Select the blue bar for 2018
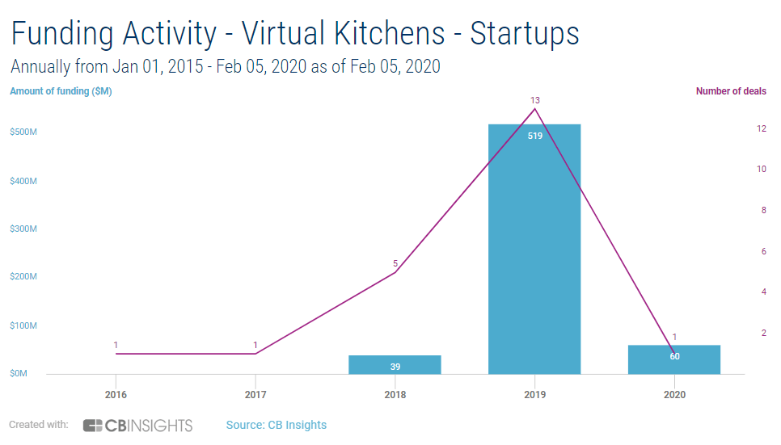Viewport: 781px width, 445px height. click(x=395, y=364)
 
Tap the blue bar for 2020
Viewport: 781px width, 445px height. click(x=674, y=359)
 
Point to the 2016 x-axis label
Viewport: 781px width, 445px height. click(x=116, y=395)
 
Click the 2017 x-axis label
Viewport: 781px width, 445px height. click(x=255, y=395)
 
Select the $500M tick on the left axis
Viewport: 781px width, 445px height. click(x=23, y=132)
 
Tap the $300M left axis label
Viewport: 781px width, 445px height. click(x=23, y=229)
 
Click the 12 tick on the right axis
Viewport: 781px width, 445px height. click(x=762, y=128)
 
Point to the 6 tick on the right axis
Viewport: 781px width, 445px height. click(x=764, y=251)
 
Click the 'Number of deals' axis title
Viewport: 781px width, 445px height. click(x=731, y=91)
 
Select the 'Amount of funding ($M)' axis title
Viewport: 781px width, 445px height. click(x=61, y=91)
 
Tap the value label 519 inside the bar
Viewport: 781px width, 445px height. click(x=534, y=136)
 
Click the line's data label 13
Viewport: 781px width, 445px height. click(x=534, y=100)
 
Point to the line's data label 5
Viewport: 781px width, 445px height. click(x=395, y=263)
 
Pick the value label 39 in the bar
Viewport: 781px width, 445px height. click(x=395, y=367)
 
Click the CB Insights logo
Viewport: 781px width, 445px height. click(x=137, y=425)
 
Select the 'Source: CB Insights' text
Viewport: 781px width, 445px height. click(x=276, y=425)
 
